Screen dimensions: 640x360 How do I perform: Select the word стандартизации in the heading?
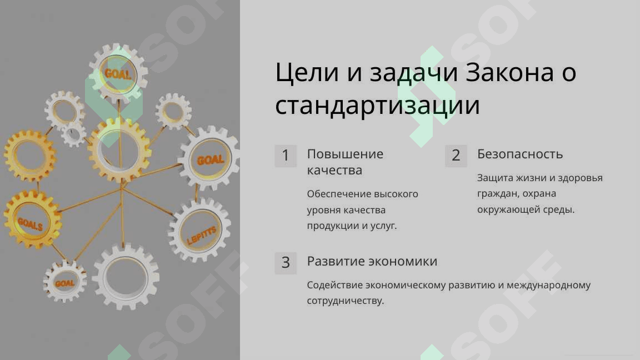[378, 106]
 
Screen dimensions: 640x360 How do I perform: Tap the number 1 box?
[286, 156]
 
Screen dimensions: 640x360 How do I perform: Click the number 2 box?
[456, 156]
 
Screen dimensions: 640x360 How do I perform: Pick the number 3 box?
[286, 262]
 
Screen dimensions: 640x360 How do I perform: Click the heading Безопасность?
[520, 154]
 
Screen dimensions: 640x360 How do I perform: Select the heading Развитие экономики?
[372, 261]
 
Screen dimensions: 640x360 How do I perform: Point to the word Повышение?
[346, 154]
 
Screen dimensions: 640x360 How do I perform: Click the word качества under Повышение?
[334, 170]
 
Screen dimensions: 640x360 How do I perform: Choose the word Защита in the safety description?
[495, 178]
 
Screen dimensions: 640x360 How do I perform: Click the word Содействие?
[334, 285]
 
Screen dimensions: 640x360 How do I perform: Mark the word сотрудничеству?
[346, 301]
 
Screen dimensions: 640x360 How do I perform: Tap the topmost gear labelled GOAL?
[118, 73]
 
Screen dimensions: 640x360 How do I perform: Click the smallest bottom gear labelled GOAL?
[64, 282]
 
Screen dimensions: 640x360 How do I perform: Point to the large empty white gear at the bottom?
[126, 278]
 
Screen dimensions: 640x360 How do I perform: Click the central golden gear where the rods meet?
[119, 150]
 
